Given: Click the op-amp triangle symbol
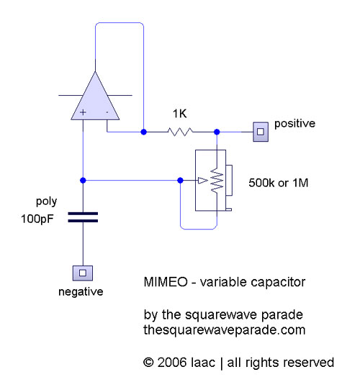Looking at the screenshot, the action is tap(95, 99).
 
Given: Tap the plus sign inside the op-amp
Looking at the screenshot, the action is tap(83, 112).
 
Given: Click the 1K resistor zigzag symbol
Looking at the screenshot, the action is tap(180, 132).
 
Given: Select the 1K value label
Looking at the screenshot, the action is tap(179, 114).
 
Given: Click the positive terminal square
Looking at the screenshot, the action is tap(261, 132).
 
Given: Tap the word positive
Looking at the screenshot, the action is tap(294, 123).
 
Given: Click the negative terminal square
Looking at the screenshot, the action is tap(83, 273).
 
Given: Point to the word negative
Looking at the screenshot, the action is tap(81, 291).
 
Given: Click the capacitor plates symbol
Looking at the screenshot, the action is tap(83, 217).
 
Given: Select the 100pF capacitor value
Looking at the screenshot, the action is tap(37, 219).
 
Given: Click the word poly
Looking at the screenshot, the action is tap(47, 201).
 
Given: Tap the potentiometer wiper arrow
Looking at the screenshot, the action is tap(202, 180).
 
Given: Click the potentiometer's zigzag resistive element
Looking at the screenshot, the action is tap(217, 180).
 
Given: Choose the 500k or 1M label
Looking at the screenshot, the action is tap(279, 183).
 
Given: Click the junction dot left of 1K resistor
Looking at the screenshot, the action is tap(143, 132).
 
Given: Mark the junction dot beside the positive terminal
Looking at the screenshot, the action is tap(217, 132).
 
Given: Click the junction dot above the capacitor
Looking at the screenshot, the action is tap(83, 180).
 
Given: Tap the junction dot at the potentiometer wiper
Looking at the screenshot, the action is tap(181, 180).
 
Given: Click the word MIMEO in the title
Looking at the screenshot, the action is tap(166, 282).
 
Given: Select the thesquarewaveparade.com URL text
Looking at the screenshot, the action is tap(225, 330).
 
